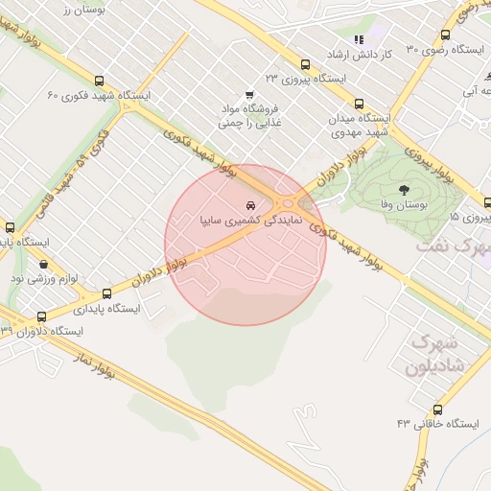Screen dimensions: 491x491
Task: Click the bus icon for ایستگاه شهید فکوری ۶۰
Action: pyautogui.click(x=101, y=82)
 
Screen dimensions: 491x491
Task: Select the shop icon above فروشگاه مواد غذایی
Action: pyautogui.click(x=249, y=94)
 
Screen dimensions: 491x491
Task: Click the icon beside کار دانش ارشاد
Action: pyautogui.click(x=359, y=39)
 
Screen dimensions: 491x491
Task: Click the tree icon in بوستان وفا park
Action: pyautogui.click(x=403, y=190)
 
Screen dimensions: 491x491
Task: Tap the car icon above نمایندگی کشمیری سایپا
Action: pyautogui.click(x=250, y=205)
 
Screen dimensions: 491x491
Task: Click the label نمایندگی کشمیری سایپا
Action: pyautogui.click(x=250, y=221)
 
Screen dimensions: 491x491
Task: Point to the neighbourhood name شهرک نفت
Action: pyautogui.click(x=453, y=245)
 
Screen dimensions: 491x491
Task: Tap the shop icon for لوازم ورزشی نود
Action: pyautogui.click(x=44, y=265)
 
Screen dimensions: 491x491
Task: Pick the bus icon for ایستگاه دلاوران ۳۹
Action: pyautogui.click(x=41, y=316)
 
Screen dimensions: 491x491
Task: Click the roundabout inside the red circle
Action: pyautogui.click(x=286, y=203)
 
